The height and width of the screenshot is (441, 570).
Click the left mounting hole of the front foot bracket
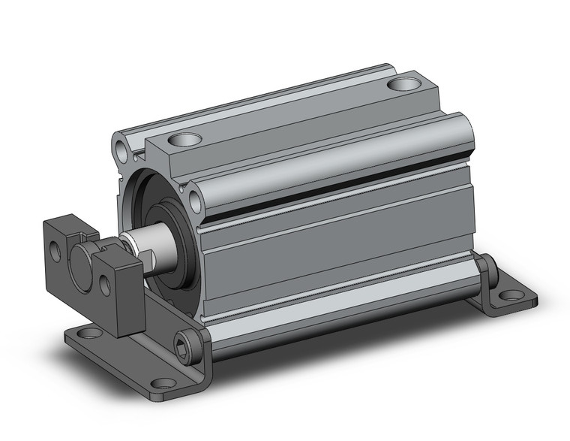(88, 333)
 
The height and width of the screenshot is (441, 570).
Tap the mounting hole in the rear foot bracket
(511, 296)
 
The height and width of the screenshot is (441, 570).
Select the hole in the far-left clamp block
(55, 251)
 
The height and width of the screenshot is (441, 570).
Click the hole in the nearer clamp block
(106, 285)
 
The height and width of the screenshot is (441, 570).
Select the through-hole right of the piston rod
(196, 201)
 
